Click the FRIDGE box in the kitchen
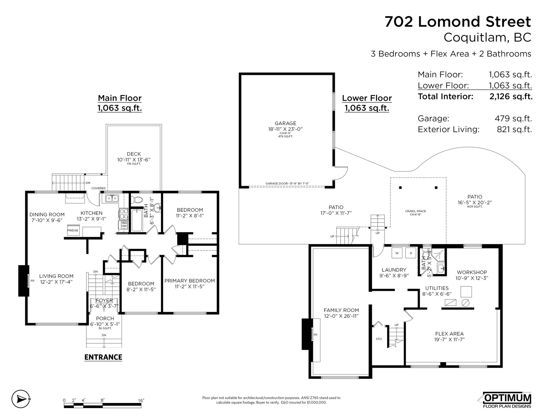tap(73, 230)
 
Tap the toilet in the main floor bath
tap(137, 200)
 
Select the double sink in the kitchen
tap(112, 198)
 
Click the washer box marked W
tap(397, 253)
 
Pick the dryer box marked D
tap(411, 253)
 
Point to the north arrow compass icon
tap(21, 399)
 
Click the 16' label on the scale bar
tap(141, 400)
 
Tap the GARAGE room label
tap(285, 123)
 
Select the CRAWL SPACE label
tap(415, 211)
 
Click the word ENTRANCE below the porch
tap(103, 357)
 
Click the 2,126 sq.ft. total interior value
tap(511, 97)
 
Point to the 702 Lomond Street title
tap(458, 22)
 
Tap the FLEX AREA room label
tap(449, 334)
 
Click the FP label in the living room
tap(32, 281)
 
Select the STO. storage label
tap(379, 339)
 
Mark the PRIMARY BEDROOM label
tap(190, 281)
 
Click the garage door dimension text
tap(287, 184)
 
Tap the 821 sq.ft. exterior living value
tap(514, 129)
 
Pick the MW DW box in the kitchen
tap(124, 225)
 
